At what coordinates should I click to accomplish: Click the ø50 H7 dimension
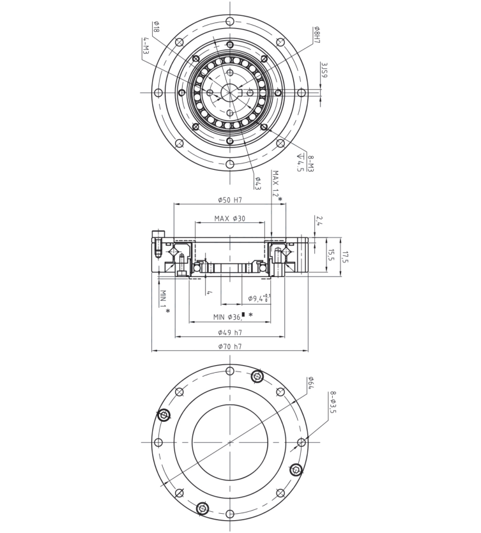pos(229,200)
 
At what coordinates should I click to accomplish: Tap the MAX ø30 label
pos(229,219)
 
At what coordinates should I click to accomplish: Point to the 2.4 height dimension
pos(319,221)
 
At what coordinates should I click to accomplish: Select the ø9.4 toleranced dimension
pos(259,298)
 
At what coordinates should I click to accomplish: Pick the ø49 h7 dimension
pos(229,333)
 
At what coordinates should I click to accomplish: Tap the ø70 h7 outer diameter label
pos(229,347)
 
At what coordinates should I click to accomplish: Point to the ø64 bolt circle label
pos(311,383)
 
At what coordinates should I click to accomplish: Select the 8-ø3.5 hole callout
pos(332,402)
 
